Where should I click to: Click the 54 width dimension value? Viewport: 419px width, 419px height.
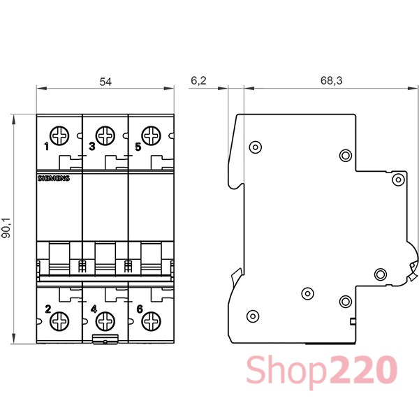point(105,82)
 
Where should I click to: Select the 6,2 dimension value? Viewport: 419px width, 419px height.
point(198,80)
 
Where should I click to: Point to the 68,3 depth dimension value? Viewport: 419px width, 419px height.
point(331,80)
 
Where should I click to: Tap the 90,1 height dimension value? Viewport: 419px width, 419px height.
point(6,228)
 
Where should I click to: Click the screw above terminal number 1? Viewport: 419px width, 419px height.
point(59,135)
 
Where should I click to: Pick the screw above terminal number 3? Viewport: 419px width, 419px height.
point(105,135)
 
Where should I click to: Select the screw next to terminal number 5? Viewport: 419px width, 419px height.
point(152,135)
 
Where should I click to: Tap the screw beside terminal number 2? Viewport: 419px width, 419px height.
point(59,321)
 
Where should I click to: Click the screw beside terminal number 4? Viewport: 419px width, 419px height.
point(105,321)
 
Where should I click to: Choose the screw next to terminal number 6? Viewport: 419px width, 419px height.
point(152,321)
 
